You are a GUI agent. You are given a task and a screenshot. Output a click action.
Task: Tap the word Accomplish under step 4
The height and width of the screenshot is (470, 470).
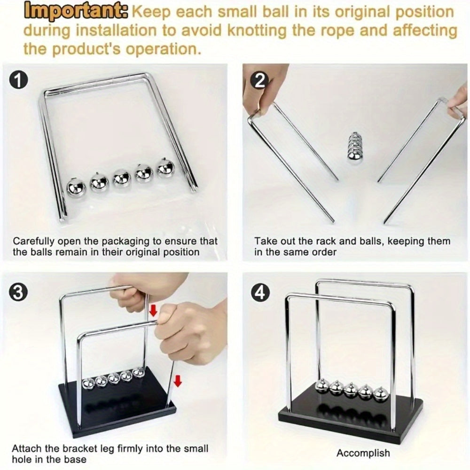[x=363, y=454]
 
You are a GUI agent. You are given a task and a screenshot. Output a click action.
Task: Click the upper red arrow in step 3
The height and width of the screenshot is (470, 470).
[x=152, y=310]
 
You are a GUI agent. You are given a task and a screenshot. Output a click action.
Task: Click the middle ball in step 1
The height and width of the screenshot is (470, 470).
[x=121, y=178]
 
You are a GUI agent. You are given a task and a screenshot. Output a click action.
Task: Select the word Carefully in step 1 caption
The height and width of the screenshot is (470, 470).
[x=33, y=241]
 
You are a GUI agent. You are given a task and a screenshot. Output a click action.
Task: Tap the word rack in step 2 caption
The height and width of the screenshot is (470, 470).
[x=321, y=241]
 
